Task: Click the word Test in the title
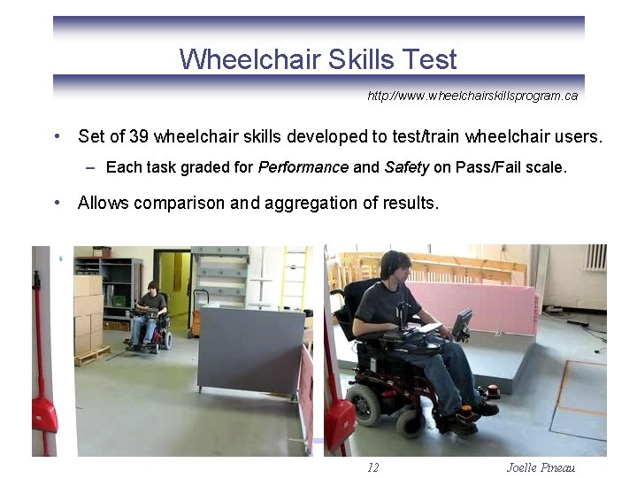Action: (x=428, y=59)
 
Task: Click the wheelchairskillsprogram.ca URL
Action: (x=472, y=96)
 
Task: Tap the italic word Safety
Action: (x=407, y=166)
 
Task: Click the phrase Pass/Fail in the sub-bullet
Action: (x=484, y=166)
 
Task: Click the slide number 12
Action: (x=372, y=467)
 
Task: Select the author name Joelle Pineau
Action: (x=541, y=467)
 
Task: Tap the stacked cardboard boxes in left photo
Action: (x=88, y=310)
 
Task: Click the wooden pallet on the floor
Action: (x=93, y=356)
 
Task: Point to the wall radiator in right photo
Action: (x=595, y=258)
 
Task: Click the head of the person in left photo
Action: (x=152, y=288)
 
